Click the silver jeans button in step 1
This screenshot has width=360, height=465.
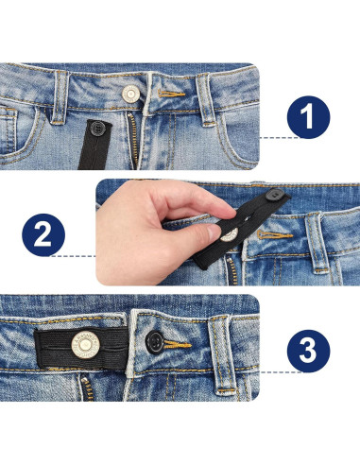pos(131,93)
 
